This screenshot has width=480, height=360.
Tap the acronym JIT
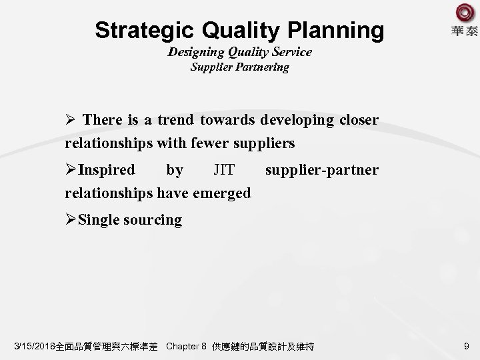(223, 170)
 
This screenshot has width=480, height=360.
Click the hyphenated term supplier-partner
(321, 170)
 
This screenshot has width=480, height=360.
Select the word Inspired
(107, 170)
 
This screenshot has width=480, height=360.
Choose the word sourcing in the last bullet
(153, 220)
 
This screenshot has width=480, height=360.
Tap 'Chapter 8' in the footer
(185, 347)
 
